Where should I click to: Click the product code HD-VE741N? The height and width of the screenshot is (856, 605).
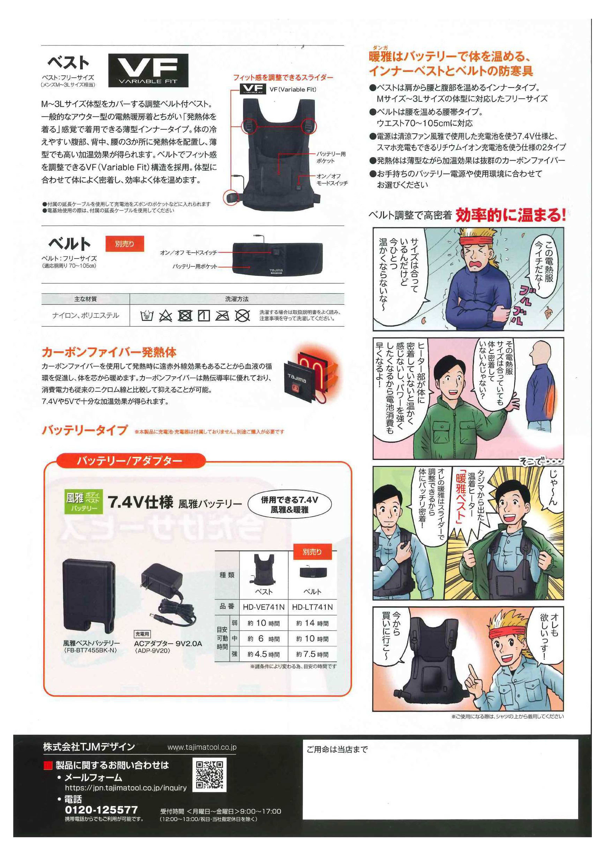(x=264, y=607)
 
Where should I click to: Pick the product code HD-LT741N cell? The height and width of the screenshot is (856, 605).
(x=312, y=607)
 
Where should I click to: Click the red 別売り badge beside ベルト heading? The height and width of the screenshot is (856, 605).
(x=125, y=244)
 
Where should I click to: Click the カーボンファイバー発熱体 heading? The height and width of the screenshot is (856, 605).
(x=109, y=352)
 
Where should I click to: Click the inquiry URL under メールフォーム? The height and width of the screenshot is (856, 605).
(x=126, y=788)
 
